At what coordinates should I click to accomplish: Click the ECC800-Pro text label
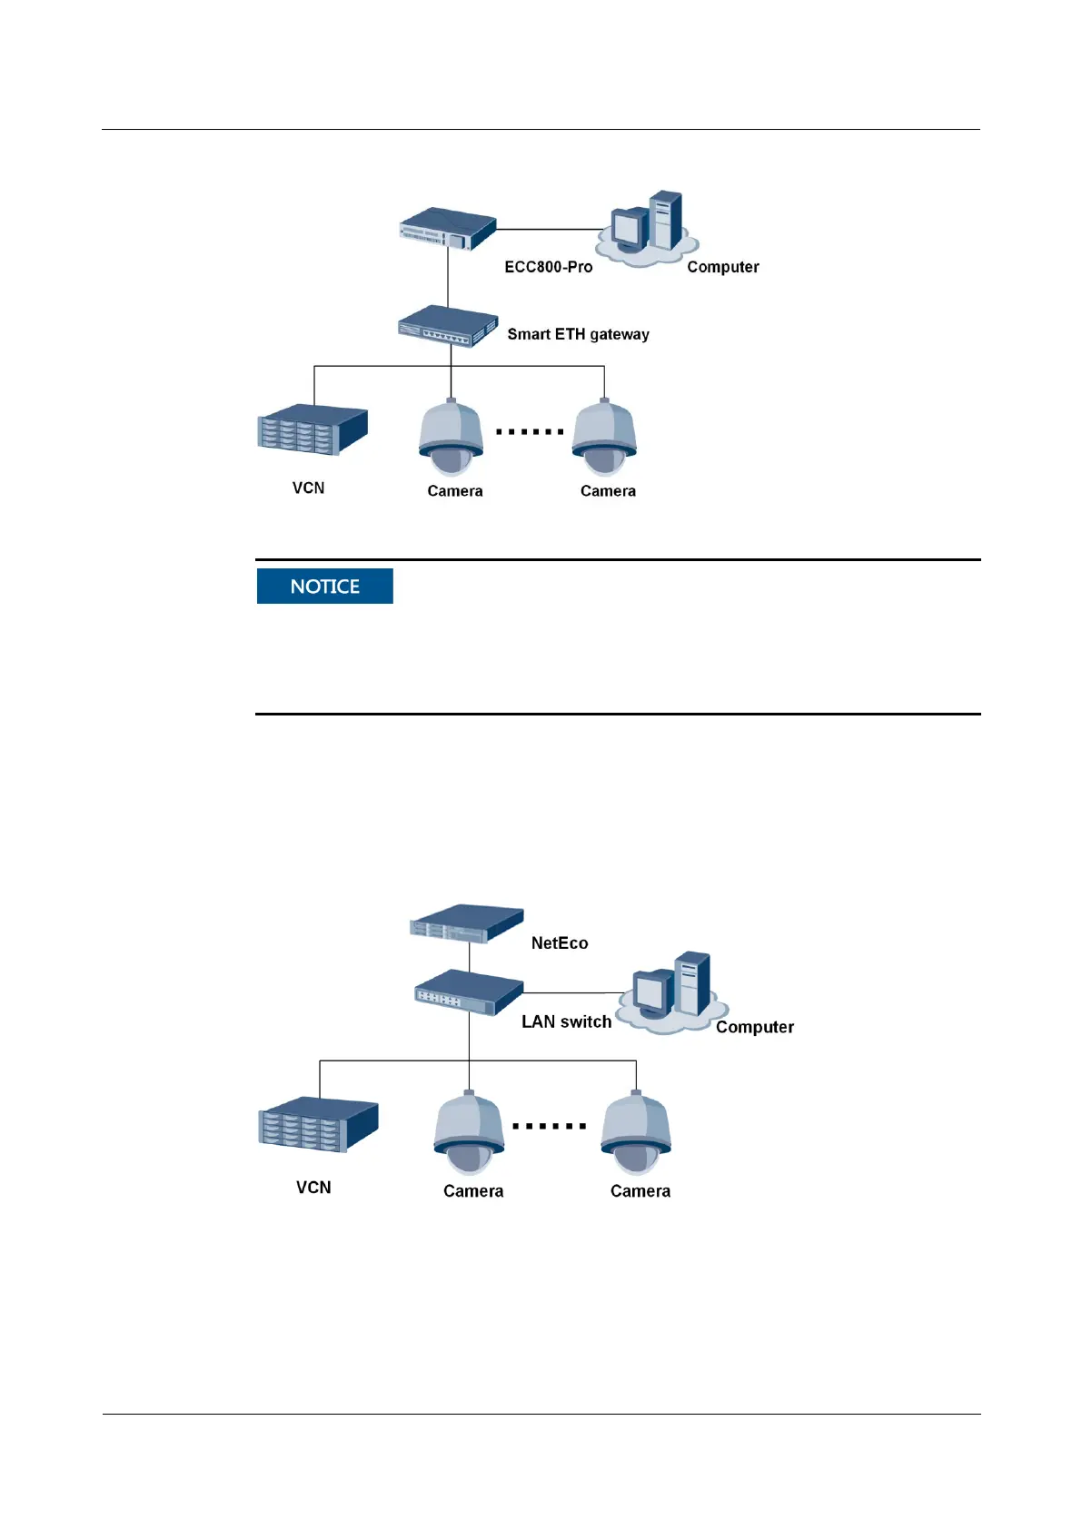pyautogui.click(x=548, y=267)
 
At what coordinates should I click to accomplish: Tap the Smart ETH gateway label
pyautogui.click(x=578, y=334)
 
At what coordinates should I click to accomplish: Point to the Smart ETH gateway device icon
pyautogui.click(x=448, y=327)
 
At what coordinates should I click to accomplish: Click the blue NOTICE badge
pyautogui.click(x=324, y=587)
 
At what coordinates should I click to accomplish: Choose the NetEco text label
pyautogui.click(x=559, y=943)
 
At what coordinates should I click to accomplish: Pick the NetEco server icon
pyautogui.click(x=466, y=923)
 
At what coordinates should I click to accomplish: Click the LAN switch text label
pyautogui.click(x=566, y=1021)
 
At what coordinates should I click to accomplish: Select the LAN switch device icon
pyautogui.click(x=469, y=992)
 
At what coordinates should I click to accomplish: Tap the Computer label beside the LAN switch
pyautogui.click(x=754, y=1027)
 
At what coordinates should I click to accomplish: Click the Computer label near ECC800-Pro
pyautogui.click(x=722, y=267)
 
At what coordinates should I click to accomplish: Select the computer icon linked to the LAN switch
pyautogui.click(x=672, y=992)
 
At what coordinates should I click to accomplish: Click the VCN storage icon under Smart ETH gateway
pyautogui.click(x=313, y=429)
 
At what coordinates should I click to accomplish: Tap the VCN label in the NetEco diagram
pyautogui.click(x=313, y=1188)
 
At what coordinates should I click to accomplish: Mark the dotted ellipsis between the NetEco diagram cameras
pyautogui.click(x=549, y=1126)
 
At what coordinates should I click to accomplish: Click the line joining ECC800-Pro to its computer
pyautogui.click(x=552, y=229)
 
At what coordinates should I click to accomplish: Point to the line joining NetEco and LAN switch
pyautogui.click(x=469, y=957)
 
